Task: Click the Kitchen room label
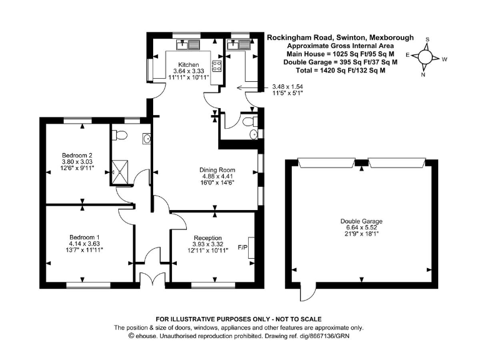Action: [x=188, y=65]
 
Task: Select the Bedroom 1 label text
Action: [x=84, y=237]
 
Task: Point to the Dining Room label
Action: [x=217, y=170]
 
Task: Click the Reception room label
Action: [x=208, y=237]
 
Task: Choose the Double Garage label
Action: [x=361, y=221]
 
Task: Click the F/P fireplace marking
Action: [x=244, y=248]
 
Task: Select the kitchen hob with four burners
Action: [x=218, y=67]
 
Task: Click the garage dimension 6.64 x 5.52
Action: [x=361, y=228]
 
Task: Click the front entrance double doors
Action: [x=149, y=281]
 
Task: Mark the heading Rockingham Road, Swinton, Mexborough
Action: [x=340, y=37]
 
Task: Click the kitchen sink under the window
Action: [x=188, y=44]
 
